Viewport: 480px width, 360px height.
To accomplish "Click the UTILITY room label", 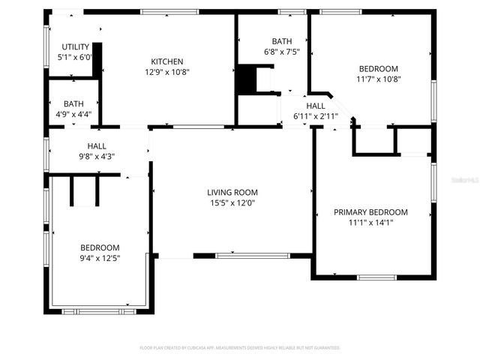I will click(75, 46).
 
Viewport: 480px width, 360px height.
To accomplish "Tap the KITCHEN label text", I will click(166, 61).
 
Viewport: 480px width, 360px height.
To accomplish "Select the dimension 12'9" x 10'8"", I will click(166, 72).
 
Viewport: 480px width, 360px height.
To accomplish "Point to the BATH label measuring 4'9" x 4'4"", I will click(73, 103).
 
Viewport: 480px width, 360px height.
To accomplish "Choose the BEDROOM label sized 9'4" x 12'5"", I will click(100, 247).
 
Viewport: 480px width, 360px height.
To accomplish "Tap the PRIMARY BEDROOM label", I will click(370, 212).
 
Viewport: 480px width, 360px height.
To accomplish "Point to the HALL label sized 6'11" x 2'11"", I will click(316, 106).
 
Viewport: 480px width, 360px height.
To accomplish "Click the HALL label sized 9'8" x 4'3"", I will click(97, 146).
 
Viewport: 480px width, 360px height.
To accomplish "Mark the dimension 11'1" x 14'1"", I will click(370, 223).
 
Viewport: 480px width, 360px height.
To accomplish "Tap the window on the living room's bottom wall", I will click(252, 256).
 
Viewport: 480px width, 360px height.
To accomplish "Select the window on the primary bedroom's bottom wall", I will click(376, 277).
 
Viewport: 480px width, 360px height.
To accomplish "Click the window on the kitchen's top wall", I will click(164, 12).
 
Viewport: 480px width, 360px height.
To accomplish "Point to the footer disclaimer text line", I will click(240, 348).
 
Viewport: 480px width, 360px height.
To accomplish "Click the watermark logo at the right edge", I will click(466, 181).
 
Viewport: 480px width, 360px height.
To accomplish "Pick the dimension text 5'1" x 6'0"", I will click(75, 57).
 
